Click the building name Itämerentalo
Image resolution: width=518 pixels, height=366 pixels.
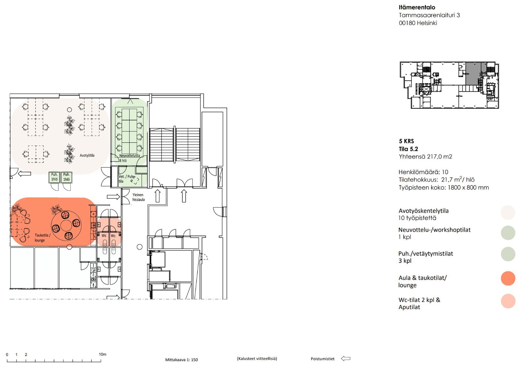click(417, 7)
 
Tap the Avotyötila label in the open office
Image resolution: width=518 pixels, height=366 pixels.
click(87, 155)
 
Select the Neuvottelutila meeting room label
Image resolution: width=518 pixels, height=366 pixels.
click(130, 156)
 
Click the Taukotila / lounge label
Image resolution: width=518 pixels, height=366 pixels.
click(42, 238)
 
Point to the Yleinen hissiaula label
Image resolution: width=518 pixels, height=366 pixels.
click(139, 197)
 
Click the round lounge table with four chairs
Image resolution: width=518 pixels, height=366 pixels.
click(66, 225)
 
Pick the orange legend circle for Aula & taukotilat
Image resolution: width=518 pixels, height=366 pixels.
click(508, 278)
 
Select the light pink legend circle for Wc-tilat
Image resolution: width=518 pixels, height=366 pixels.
click(508, 301)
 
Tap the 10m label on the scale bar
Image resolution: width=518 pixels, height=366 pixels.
click(102, 354)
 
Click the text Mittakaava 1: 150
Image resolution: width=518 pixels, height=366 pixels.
click(181, 360)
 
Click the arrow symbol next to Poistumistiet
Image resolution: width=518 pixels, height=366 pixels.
click(346, 359)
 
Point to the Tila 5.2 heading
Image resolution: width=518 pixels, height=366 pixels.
click(409, 149)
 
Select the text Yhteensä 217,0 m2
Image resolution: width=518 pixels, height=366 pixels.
click(425, 157)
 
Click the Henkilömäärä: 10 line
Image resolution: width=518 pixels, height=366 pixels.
click(423, 172)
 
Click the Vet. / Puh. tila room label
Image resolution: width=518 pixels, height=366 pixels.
click(126, 179)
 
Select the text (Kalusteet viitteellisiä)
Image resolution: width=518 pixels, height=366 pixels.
click(257, 359)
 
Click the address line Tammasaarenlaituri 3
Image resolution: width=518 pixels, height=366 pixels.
click(429, 15)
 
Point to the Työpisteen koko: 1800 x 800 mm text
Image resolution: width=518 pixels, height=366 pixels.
click(443, 187)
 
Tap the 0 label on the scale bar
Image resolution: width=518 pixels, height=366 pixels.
click(7, 354)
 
